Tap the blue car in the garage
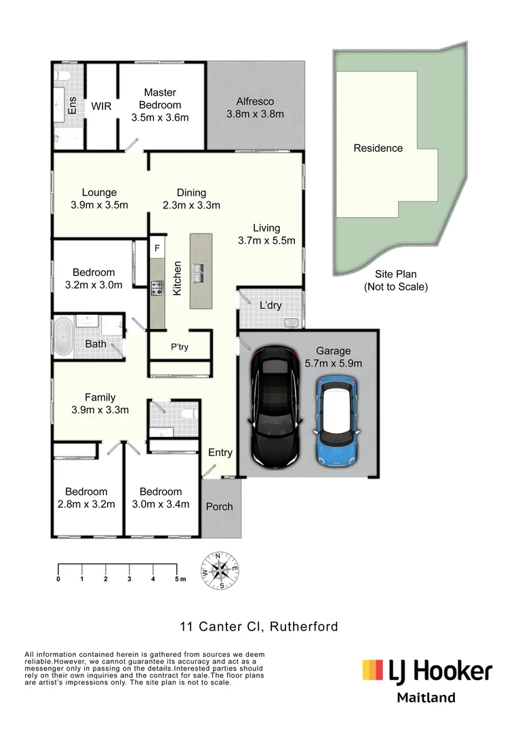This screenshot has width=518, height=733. tap(338, 421)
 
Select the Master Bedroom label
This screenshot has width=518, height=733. tap(160, 98)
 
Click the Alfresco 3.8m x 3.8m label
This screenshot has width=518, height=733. tap(255, 107)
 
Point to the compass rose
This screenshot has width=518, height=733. tap(220, 570)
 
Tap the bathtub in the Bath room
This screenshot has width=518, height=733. tap(64, 337)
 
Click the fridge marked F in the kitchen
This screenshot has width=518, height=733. tap(157, 248)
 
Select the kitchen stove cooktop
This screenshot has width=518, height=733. tap(157, 288)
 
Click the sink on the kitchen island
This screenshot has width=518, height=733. tap(201, 274)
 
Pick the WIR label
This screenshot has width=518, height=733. tap(101, 106)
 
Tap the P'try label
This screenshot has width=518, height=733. tap(180, 347)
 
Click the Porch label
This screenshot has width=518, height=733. tap(219, 507)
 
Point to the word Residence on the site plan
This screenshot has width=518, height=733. tap(378, 148)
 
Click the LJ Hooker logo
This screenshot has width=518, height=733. tap(427, 671)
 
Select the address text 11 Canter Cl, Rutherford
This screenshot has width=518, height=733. tap(259, 626)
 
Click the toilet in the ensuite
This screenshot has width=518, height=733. tap(62, 75)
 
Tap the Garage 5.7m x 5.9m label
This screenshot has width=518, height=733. tap(333, 357)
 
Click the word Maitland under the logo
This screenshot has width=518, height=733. tap(426, 698)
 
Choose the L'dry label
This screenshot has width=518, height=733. tap(271, 305)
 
